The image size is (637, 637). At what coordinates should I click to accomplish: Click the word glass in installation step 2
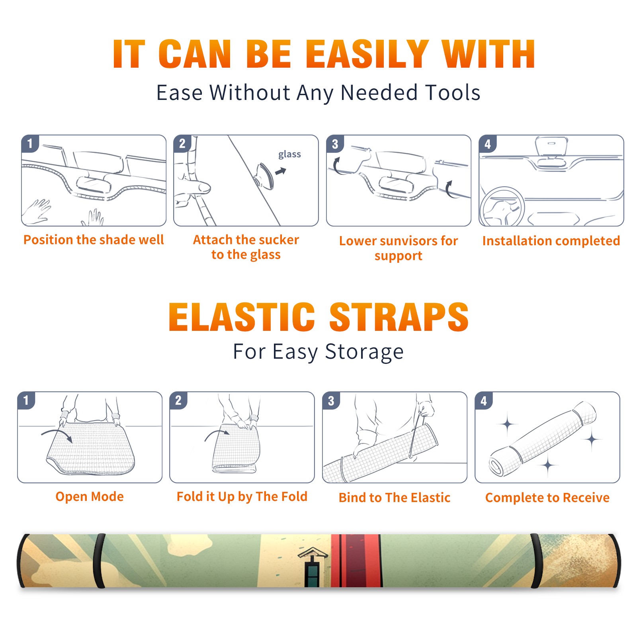point(289,154)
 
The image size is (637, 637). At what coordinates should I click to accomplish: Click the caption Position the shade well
point(94,240)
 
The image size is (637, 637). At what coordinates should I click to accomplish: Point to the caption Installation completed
point(551,240)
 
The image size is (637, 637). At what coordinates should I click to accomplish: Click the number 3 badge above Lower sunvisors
point(335,144)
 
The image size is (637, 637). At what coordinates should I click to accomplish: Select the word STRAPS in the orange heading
point(399,317)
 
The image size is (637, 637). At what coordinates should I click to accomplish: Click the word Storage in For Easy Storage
point(364,352)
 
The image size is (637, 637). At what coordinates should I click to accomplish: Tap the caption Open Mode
point(90,496)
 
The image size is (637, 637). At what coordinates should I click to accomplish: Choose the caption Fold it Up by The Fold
point(242,496)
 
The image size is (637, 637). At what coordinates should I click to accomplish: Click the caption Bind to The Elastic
point(395,498)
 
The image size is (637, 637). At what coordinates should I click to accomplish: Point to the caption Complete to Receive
point(547,498)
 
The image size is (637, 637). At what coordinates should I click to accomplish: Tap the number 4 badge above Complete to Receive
point(484,401)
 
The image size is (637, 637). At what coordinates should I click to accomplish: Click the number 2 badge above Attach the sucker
point(182,143)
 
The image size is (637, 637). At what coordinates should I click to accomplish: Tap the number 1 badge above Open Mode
point(26,400)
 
